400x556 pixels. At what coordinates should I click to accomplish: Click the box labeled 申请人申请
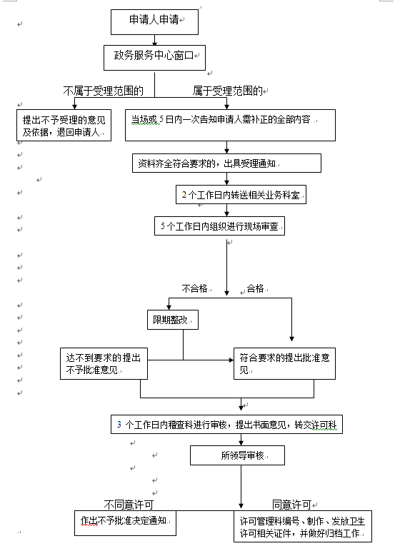coord(154,22)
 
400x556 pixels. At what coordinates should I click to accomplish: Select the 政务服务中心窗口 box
coord(154,57)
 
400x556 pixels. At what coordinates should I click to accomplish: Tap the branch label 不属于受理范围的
coord(104,91)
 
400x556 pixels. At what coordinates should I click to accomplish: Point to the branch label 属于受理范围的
coord(228,91)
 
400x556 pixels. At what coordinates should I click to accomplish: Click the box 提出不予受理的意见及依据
coord(64,125)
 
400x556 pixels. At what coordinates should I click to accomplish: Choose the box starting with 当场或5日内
coord(230,125)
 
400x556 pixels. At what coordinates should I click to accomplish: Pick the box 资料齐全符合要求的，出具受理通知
coord(226,163)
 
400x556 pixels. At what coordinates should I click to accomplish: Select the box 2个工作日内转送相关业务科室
coord(241,195)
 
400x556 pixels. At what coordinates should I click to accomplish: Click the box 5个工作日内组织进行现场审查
coord(219,226)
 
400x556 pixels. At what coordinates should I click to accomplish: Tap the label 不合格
coord(194,288)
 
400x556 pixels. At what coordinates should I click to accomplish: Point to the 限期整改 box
coord(173,320)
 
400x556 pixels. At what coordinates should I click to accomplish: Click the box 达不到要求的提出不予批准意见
coord(104,363)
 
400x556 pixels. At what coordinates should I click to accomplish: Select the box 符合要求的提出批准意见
coord(284,363)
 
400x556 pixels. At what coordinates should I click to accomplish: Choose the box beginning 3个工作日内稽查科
coord(226,424)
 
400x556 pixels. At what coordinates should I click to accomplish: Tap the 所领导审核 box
coord(237,455)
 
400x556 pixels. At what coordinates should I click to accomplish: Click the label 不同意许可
coord(129,504)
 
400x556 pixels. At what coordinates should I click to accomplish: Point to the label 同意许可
coord(291,504)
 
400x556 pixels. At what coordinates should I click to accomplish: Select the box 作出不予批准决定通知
coord(125,523)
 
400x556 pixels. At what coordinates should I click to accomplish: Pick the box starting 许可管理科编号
coord(303,526)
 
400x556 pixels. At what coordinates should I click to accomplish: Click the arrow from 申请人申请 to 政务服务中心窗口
coord(155,40)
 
